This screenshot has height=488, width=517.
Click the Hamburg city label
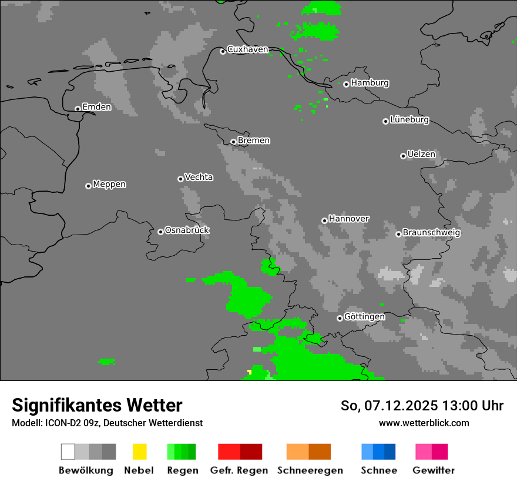coord(370,83)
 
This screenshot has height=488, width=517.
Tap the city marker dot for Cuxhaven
coord(223,52)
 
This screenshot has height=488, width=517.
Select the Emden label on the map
coord(96,107)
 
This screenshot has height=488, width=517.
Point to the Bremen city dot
coord(233,142)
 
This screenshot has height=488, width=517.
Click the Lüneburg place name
coord(409,119)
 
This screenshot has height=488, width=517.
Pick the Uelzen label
coord(421,155)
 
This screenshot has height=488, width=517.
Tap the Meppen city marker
coord(88,186)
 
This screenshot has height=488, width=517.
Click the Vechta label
coord(199,177)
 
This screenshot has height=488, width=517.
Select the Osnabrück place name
coord(187,230)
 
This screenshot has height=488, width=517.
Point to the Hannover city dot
coord(324,220)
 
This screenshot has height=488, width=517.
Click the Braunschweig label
coord(431,233)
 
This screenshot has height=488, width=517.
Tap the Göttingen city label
coord(364,317)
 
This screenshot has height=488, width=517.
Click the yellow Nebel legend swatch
coord(139,452)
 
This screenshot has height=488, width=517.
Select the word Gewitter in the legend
coord(434,470)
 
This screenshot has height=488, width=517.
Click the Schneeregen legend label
coord(310,470)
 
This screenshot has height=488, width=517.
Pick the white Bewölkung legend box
coord(68,452)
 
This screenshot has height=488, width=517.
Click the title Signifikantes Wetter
coord(97,405)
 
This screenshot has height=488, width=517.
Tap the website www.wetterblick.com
coord(424,423)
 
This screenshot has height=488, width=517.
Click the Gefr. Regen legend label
coord(239,470)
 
